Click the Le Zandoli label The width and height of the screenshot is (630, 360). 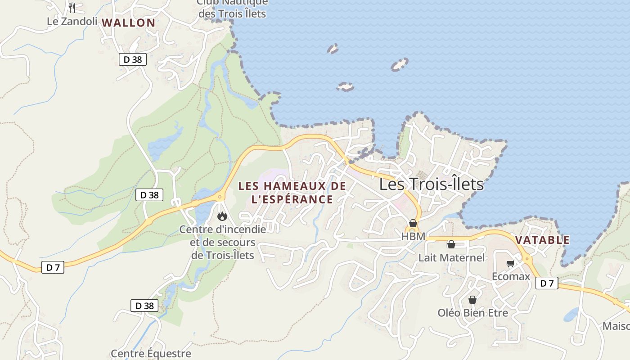click(x=72, y=21)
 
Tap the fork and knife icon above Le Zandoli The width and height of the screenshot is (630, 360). click(x=72, y=8)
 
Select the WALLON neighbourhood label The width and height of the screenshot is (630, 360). click(x=128, y=22)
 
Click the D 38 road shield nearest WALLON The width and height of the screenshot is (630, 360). click(x=133, y=59)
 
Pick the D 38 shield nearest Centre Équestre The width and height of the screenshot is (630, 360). click(x=144, y=306)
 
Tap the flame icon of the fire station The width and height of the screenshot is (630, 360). click(x=222, y=216)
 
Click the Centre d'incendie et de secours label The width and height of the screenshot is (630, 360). click(x=223, y=242)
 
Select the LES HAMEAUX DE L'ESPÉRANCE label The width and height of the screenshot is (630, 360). click(x=292, y=192)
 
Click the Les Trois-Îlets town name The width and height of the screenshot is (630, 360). click(x=431, y=184)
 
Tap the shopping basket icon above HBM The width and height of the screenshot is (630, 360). click(x=413, y=223)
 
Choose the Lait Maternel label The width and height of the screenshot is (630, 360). click(x=451, y=257)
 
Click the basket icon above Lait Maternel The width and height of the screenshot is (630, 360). click(x=451, y=244)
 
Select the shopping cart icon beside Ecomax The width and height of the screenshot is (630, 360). click(x=510, y=264)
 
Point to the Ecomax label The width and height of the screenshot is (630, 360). click(x=511, y=276)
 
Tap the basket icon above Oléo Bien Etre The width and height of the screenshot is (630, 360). click(x=472, y=300)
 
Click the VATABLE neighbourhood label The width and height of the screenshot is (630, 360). click(x=542, y=240)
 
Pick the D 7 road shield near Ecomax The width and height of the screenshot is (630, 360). click(x=547, y=283)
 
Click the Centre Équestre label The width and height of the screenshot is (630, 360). click(x=151, y=354)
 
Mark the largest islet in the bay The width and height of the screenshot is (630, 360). click(x=399, y=64)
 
